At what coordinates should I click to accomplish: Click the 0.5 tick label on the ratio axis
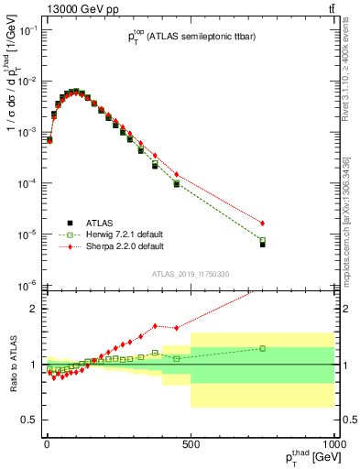(27, 420)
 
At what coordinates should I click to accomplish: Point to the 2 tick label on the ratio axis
(33, 308)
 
